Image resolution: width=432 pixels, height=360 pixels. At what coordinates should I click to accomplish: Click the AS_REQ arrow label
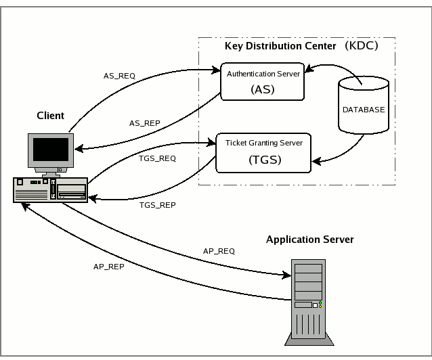[119, 76]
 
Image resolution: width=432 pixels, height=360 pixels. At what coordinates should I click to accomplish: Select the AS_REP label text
[144, 123]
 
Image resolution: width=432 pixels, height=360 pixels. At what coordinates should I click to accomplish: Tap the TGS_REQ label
[156, 158]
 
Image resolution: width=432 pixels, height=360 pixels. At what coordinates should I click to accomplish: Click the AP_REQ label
[219, 250]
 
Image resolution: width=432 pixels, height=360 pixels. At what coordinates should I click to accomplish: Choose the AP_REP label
[108, 267]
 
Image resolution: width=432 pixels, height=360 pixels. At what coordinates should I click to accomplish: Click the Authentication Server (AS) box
[261, 81]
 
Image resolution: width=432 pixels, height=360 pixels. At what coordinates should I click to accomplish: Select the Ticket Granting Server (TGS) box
[263, 152]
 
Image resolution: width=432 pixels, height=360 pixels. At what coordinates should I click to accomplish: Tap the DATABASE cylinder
[363, 108]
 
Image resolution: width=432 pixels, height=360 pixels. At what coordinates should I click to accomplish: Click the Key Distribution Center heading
[280, 46]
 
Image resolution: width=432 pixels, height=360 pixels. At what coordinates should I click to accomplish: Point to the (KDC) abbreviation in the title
[360, 46]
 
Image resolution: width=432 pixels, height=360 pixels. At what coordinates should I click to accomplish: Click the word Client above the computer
[50, 116]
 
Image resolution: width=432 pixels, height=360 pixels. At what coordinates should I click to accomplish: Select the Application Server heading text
[309, 240]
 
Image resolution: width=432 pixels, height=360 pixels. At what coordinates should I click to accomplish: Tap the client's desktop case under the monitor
[51, 189]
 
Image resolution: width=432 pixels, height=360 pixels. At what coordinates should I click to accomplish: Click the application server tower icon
[307, 298]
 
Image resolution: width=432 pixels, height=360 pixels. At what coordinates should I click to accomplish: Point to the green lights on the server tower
[320, 305]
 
